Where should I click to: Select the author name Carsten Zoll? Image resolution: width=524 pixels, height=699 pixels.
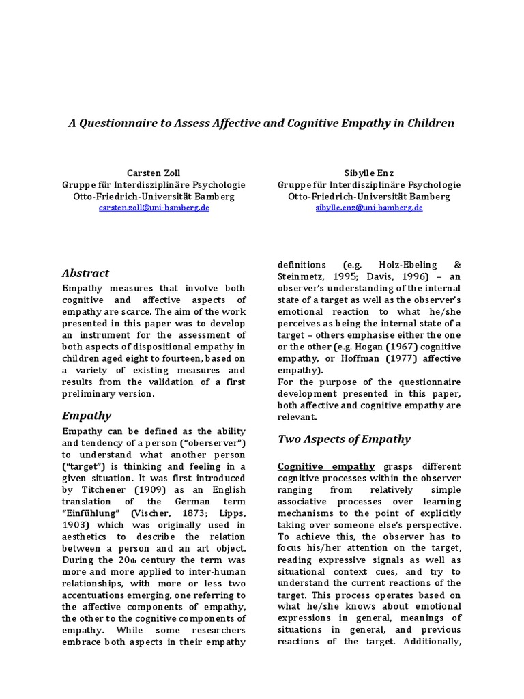(x=154, y=173)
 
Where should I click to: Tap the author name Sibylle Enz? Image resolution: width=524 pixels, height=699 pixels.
(x=369, y=173)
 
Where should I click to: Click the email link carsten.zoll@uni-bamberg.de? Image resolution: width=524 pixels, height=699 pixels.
(x=154, y=207)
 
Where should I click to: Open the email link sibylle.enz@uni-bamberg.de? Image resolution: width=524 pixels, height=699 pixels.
(x=369, y=207)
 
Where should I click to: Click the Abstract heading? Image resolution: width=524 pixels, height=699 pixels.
(x=85, y=273)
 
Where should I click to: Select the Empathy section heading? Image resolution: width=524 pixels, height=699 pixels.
(x=86, y=415)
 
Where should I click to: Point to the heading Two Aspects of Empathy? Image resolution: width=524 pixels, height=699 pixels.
(x=344, y=439)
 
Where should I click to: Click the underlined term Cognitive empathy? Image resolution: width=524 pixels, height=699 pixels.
(x=326, y=466)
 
